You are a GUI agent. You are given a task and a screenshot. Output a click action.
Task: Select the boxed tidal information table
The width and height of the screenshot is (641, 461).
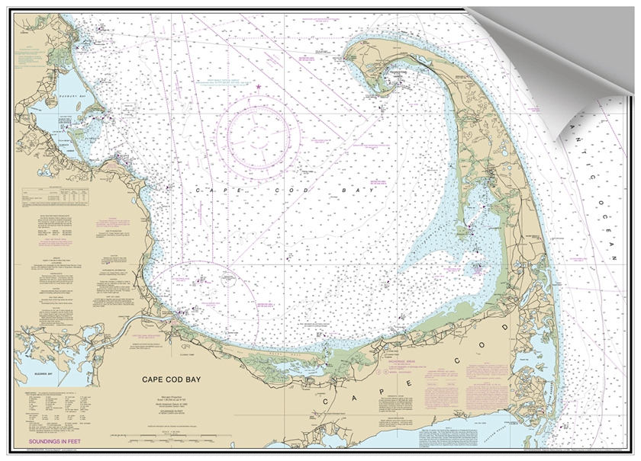53,202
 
